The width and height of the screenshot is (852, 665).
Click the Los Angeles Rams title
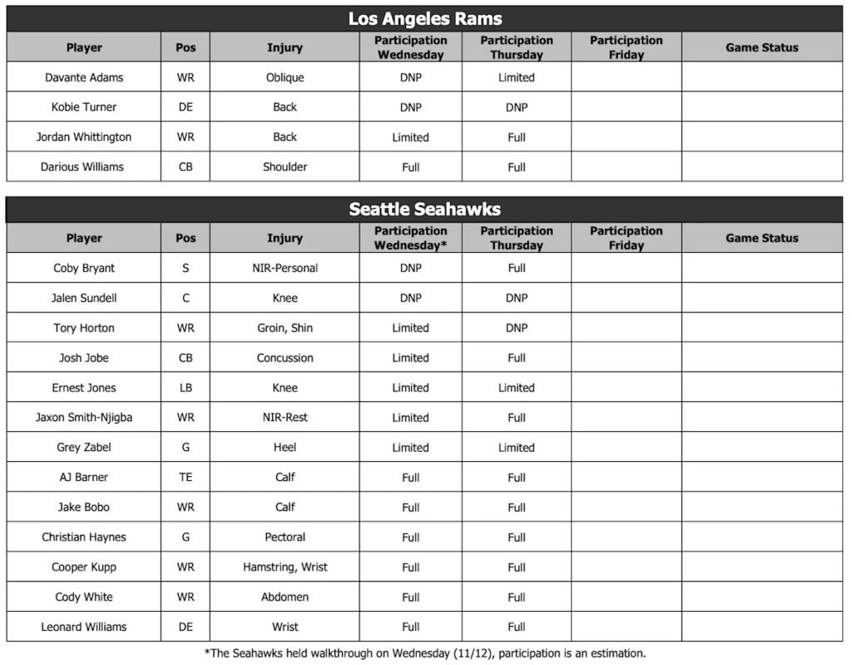425,18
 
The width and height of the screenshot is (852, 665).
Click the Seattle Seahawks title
425,209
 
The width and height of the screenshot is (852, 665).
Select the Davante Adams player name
84,77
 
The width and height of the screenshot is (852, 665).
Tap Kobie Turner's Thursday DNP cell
516,107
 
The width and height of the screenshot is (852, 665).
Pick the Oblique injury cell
285,77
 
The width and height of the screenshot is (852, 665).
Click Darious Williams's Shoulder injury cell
285,166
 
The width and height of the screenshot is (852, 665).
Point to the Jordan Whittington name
84,137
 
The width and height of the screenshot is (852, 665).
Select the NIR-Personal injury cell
285,268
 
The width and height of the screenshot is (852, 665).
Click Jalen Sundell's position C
186,298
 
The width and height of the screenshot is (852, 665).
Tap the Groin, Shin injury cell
285,328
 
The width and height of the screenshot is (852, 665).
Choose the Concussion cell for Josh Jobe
285,358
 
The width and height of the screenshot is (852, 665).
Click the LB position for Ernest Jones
186,388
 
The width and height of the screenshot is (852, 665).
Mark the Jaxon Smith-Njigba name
84,418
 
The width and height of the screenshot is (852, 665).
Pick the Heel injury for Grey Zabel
285,448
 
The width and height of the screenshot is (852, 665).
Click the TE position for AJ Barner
186,478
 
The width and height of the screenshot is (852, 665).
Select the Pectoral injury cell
285,538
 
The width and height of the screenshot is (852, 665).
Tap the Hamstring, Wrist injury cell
285,568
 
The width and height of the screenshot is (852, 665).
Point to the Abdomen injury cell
285,598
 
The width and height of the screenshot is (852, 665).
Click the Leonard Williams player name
84,628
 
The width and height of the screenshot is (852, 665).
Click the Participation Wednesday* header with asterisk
410,238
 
